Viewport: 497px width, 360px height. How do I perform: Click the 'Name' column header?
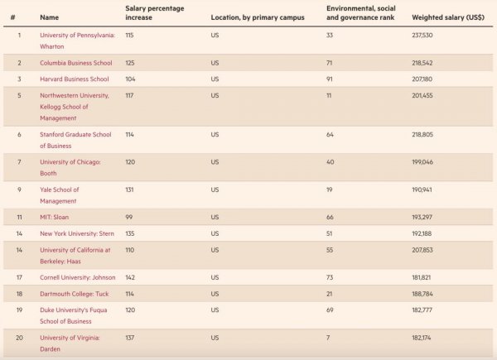pos(49,17)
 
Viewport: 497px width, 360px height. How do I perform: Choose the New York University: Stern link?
pos(79,233)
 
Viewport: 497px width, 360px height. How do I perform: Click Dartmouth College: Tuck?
pos(75,293)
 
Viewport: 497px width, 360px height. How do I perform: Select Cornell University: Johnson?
pos(79,277)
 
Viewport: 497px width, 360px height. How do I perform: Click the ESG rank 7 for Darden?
pos(329,338)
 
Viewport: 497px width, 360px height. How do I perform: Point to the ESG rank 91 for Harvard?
pos(330,79)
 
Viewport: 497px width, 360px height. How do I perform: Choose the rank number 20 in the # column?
pos(19,338)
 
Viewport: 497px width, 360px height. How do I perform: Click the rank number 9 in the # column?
pos(19,190)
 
